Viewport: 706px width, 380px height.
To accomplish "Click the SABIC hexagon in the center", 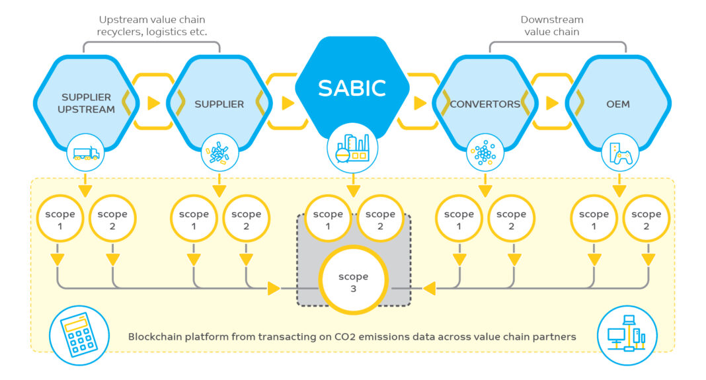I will tap(352, 87).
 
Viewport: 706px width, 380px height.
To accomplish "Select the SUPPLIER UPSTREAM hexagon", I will tap(87, 103).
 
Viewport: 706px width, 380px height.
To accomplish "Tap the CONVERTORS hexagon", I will tap(485, 104).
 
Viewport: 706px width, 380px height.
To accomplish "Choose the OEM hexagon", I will tap(618, 104).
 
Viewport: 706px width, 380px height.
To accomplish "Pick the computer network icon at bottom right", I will tap(627, 335).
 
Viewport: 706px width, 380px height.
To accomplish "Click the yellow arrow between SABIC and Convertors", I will tap(420, 103).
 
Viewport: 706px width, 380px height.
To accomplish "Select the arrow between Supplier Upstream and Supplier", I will tap(153, 103).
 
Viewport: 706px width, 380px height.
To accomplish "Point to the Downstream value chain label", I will tap(551, 26).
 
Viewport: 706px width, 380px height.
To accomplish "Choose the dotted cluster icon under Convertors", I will tap(485, 153).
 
